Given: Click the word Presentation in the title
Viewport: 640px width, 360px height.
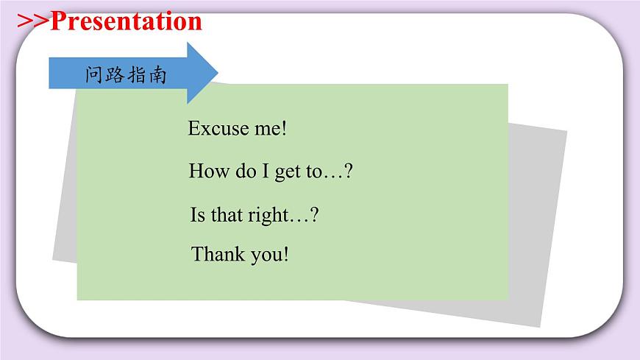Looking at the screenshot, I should pos(125,21).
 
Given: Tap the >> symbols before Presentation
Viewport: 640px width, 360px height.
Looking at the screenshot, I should pos(32,21).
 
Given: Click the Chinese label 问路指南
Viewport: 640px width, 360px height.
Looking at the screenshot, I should pos(126,75).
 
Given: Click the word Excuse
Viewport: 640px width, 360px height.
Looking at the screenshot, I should pos(218,128).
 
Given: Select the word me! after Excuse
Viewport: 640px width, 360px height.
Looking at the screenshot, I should pos(269,128).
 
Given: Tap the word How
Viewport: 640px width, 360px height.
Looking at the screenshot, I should pos(205,172).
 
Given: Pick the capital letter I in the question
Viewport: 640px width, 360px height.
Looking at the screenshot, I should pos(262,172).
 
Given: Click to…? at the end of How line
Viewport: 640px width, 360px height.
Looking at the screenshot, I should pos(330,172).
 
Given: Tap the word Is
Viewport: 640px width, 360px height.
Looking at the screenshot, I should pos(197,215).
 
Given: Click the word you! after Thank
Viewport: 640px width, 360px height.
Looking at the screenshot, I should pos(269,255).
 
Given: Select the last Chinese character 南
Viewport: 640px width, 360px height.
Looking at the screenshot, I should pos(157,75).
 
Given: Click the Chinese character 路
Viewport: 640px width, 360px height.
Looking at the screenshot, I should pos(115,75).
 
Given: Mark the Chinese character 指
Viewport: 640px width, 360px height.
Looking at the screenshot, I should pos(137,75).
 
